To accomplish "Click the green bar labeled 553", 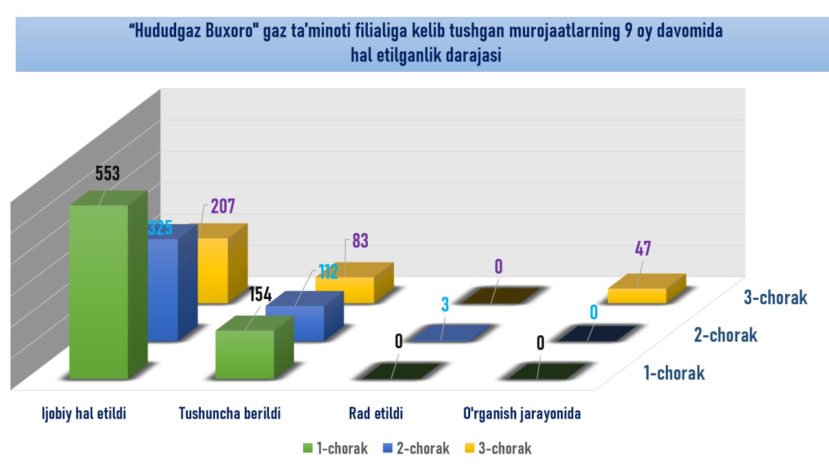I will tap(98, 291).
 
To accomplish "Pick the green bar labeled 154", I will tap(245, 354).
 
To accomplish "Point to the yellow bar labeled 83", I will tap(345, 289).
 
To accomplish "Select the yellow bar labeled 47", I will tap(637, 295).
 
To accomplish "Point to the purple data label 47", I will tap(642, 249).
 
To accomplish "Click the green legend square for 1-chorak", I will tap(308, 448).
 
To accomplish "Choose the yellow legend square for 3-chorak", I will tap(470, 448).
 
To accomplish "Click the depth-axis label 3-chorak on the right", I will tap(775, 298).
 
